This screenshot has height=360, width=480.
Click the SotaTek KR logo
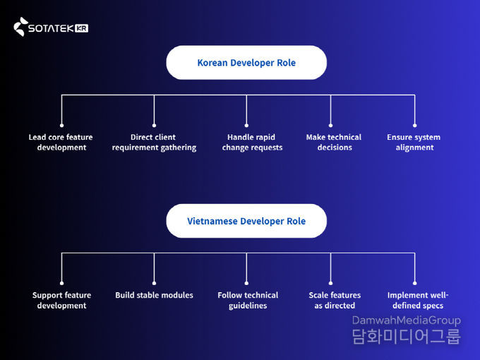[51, 28]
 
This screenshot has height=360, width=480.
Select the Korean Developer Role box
[246, 63]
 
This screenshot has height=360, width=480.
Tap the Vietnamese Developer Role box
[246, 221]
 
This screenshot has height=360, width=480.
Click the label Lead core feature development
[61, 142]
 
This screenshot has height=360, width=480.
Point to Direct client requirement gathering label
[154, 142]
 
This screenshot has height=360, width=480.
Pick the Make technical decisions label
[334, 142]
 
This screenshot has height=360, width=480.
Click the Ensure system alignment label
[414, 142]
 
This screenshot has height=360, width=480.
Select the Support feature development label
[61, 300]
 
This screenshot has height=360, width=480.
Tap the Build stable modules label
[154, 295]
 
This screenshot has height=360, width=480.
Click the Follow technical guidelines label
[248, 300]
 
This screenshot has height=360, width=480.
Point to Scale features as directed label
[335, 300]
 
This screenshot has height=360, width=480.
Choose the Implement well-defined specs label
[418, 300]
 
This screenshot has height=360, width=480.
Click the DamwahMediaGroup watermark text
[406, 320]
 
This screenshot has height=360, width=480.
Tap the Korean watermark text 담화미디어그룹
[406, 337]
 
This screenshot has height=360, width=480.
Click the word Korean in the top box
[212, 63]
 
